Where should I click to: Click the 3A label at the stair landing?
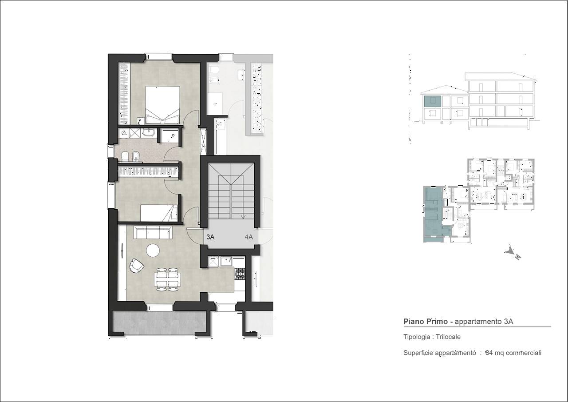210,237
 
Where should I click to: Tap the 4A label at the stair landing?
249,237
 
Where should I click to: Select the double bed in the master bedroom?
162,105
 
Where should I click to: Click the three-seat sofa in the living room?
153,232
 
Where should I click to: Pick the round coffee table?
153,250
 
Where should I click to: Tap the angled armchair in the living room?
136,266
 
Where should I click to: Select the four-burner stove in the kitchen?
240,274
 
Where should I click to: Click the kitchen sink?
226,261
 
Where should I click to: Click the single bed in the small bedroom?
159,213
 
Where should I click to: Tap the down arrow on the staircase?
243,216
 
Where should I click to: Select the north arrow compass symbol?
513,252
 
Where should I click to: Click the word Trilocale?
448,337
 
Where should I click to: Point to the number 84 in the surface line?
489,353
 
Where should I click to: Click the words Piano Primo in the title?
426,322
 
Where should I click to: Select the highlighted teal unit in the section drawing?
433,101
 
